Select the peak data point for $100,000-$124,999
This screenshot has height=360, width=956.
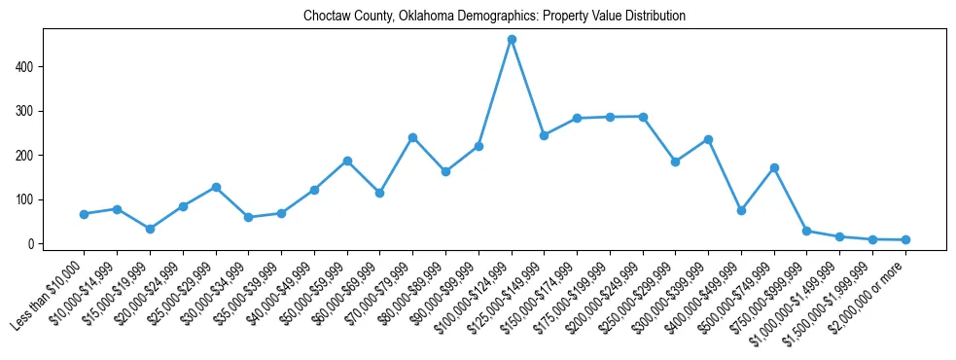(x=512, y=40)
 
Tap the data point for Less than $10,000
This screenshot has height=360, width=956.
(x=84, y=214)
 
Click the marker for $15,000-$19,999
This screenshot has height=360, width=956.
(x=150, y=229)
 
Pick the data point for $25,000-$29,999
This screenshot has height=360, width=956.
(x=216, y=187)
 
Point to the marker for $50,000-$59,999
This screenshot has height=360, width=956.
(x=347, y=161)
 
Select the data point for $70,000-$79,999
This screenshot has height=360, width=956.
(x=412, y=137)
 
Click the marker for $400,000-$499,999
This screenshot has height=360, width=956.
(x=741, y=210)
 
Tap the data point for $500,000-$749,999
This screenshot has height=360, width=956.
(x=774, y=167)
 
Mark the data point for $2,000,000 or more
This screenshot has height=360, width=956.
(x=905, y=239)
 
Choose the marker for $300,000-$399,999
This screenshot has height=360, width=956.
(x=708, y=139)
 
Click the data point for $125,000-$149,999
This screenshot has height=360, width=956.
(x=544, y=135)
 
